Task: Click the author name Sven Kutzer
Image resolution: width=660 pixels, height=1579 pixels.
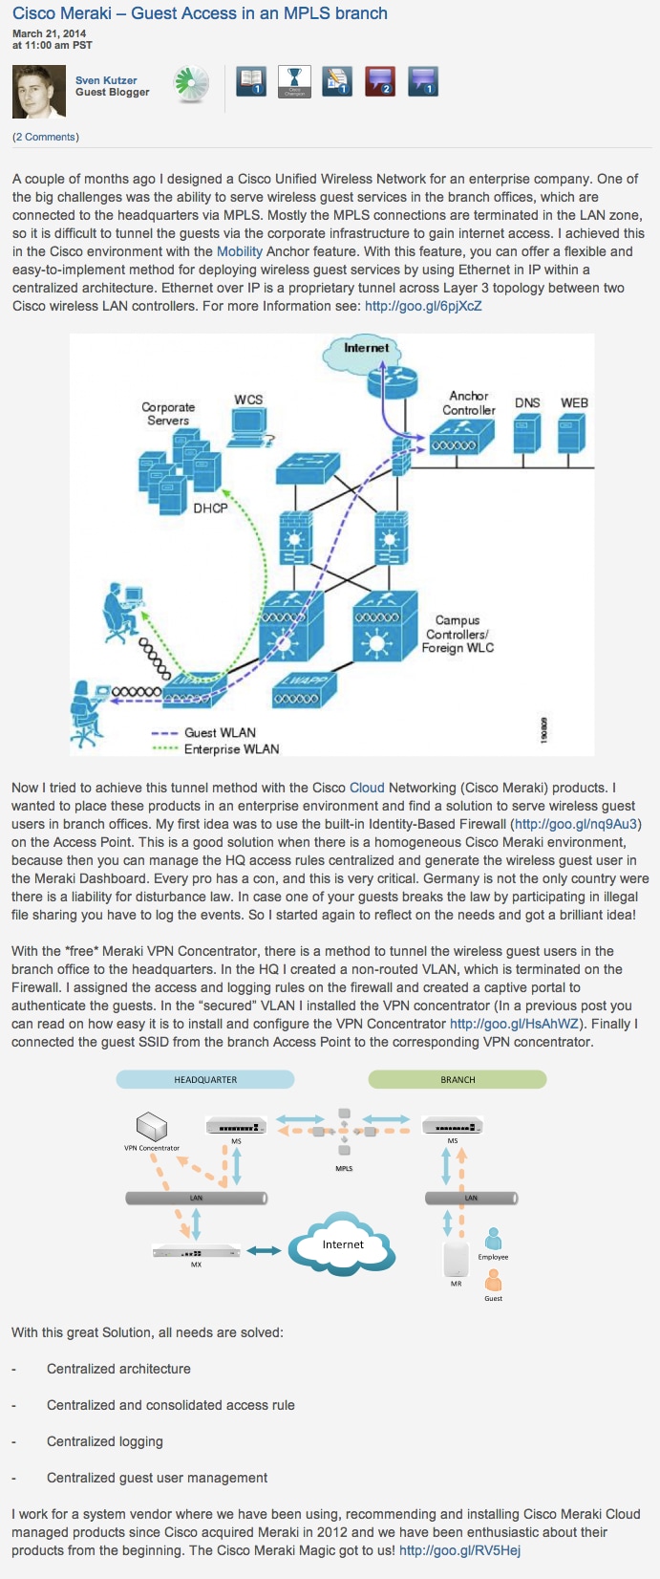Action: [x=106, y=80]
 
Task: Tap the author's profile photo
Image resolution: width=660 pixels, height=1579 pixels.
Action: [x=39, y=92]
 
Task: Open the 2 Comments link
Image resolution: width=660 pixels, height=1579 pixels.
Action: [x=45, y=137]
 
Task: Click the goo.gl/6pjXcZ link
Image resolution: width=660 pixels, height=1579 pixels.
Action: [x=423, y=306]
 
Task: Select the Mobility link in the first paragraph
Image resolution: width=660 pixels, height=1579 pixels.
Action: [x=240, y=251]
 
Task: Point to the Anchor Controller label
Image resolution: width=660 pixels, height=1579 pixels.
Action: [x=468, y=402]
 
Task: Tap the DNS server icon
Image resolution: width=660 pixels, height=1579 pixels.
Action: [x=527, y=433]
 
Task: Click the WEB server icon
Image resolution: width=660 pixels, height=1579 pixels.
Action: [x=571, y=433]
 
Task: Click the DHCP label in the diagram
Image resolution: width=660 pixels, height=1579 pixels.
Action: [x=211, y=508]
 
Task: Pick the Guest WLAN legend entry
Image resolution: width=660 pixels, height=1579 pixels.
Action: [x=203, y=732]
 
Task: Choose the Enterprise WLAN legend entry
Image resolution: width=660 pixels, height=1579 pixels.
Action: [x=216, y=748]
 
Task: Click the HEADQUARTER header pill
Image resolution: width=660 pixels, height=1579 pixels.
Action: [x=205, y=1079]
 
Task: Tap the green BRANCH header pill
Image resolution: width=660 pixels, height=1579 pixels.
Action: [x=458, y=1079]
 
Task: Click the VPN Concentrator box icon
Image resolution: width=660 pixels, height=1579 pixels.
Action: [x=152, y=1126]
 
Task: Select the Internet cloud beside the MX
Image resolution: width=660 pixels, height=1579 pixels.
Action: [x=342, y=1244]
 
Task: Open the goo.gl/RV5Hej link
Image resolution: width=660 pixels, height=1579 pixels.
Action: [x=459, y=1550]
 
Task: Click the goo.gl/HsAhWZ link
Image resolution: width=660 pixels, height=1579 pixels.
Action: [x=514, y=1024]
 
